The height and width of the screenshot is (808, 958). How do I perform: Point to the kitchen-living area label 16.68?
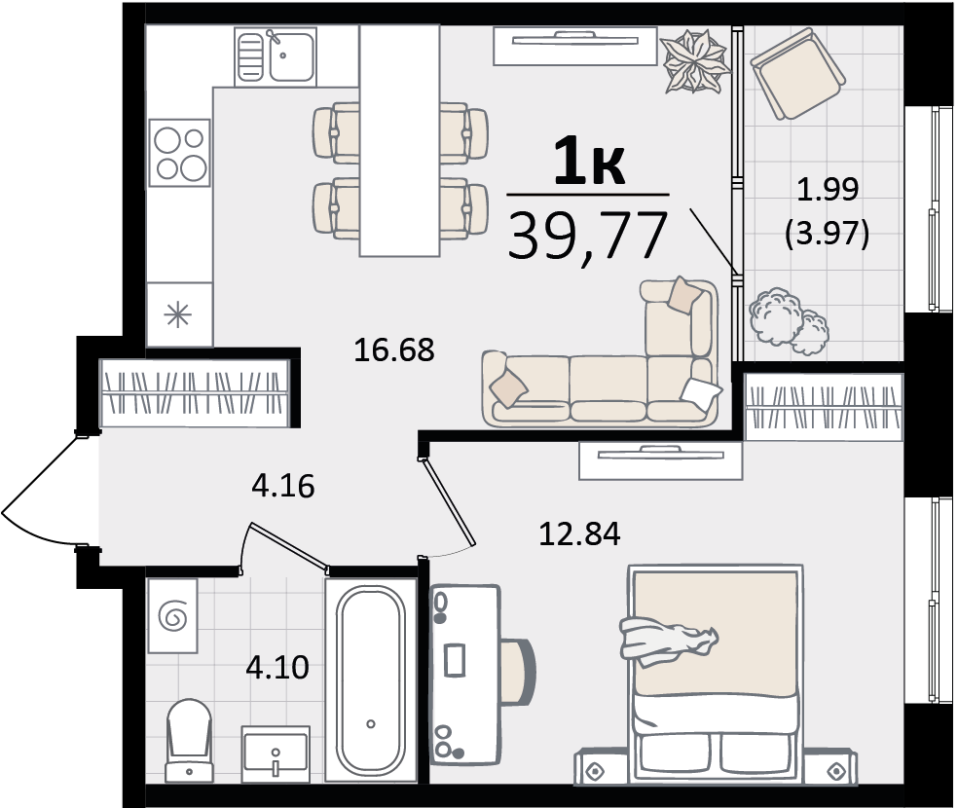click(394, 349)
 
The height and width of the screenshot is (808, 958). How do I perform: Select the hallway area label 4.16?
click(283, 486)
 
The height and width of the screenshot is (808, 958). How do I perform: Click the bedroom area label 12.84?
click(579, 533)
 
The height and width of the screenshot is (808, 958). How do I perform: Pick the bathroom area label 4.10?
click(277, 668)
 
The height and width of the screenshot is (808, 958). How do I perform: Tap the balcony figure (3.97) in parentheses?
click(828, 234)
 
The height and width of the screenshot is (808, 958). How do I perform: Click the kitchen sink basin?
click(291, 56)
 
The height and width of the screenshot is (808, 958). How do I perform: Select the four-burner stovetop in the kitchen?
click(179, 153)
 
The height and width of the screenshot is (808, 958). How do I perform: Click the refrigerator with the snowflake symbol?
click(179, 314)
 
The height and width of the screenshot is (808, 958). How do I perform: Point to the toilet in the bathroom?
click(190, 740)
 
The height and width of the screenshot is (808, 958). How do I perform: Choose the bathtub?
click(371, 679)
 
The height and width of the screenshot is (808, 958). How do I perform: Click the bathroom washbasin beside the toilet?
click(276, 754)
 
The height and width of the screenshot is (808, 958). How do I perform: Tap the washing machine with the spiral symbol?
click(172, 615)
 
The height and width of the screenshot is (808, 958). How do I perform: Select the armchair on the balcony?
click(798, 73)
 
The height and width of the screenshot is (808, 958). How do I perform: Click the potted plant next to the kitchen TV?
click(696, 61)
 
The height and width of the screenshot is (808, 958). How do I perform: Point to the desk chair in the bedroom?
click(518, 672)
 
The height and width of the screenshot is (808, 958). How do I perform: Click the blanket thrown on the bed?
click(669, 642)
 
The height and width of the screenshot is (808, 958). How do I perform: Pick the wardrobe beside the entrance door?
click(195, 392)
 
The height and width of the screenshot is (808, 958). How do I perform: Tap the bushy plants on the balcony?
click(789, 321)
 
